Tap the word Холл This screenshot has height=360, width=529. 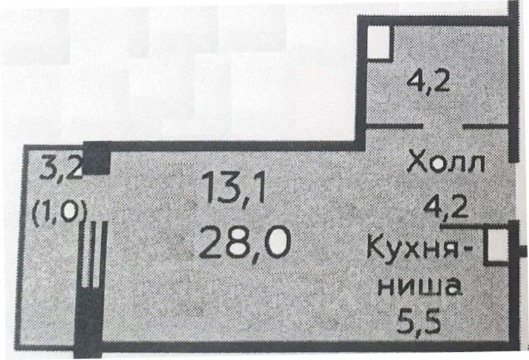(x=446, y=162)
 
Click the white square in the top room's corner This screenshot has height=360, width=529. (x=378, y=40)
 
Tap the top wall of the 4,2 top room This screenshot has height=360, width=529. (x=436, y=20)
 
